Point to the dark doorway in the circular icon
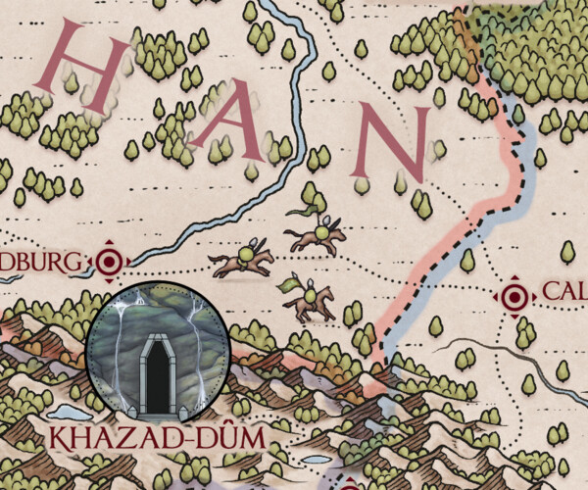click(x=157, y=374)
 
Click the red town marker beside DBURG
click(x=110, y=262)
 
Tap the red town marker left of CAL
click(x=513, y=294)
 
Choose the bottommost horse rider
click(x=311, y=299)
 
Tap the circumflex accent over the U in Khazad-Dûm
click(x=232, y=421)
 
